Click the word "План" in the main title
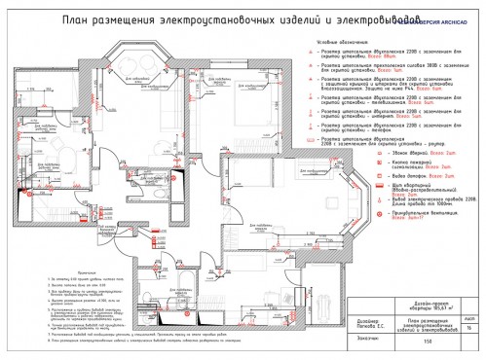pos(75,18)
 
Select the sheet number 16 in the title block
pos(470,329)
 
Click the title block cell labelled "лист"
pos(470,317)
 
